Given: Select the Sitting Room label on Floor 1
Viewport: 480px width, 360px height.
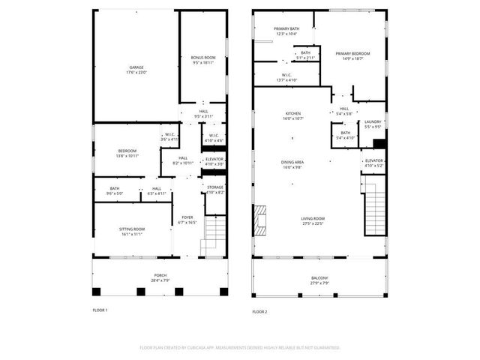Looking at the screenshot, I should [131, 231].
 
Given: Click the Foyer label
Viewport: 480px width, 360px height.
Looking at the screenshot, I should [187, 220].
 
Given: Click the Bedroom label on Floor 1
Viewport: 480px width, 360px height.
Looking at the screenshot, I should [127, 153].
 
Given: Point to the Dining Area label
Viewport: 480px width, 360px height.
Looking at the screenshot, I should [292, 164].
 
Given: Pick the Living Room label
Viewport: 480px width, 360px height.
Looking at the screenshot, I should [313, 220].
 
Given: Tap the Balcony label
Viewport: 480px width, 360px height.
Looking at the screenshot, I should [319, 280].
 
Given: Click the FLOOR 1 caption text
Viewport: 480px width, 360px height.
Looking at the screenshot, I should [100, 310].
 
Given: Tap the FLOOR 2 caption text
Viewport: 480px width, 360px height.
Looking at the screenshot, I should [259, 310].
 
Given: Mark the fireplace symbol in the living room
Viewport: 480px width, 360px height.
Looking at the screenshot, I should [260, 220].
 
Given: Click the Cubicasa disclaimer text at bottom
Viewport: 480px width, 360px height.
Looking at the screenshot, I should [240, 348].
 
